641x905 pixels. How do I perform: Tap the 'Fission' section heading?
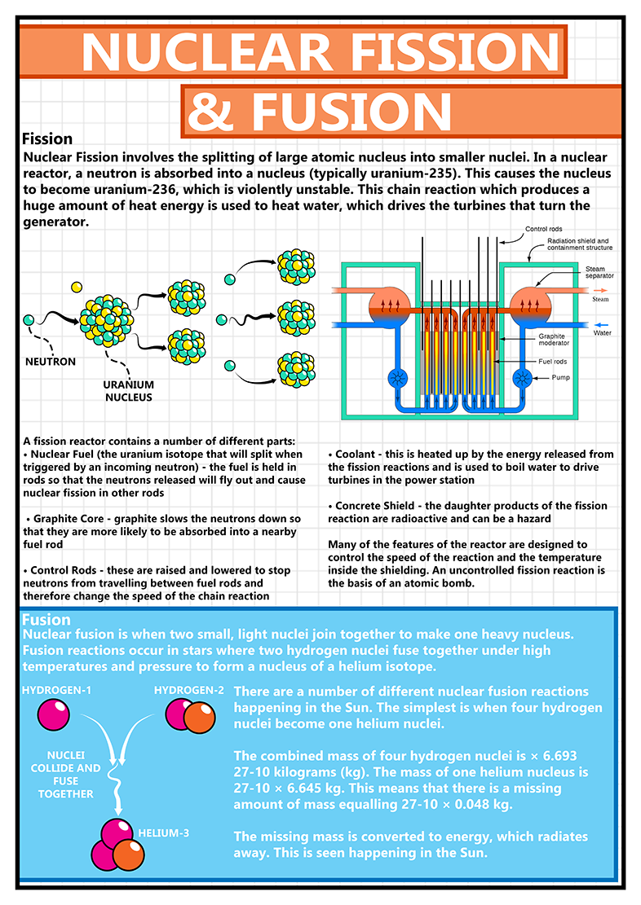pyautogui.click(x=47, y=138)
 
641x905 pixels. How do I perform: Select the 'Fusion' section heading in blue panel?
pyautogui.click(x=46, y=620)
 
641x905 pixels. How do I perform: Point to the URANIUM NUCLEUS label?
pyautogui.click(x=128, y=391)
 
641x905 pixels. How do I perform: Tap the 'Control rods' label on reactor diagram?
pyautogui.click(x=543, y=229)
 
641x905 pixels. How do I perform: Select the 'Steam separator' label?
pyautogui.click(x=599, y=272)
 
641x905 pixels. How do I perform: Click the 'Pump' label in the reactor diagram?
pyautogui.click(x=561, y=377)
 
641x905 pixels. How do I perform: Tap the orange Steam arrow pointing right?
pyautogui.click(x=598, y=290)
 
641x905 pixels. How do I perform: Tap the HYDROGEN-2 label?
pyautogui.click(x=187, y=690)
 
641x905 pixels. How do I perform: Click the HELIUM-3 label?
pyautogui.click(x=165, y=833)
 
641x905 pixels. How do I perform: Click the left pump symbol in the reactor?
pyautogui.click(x=399, y=379)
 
